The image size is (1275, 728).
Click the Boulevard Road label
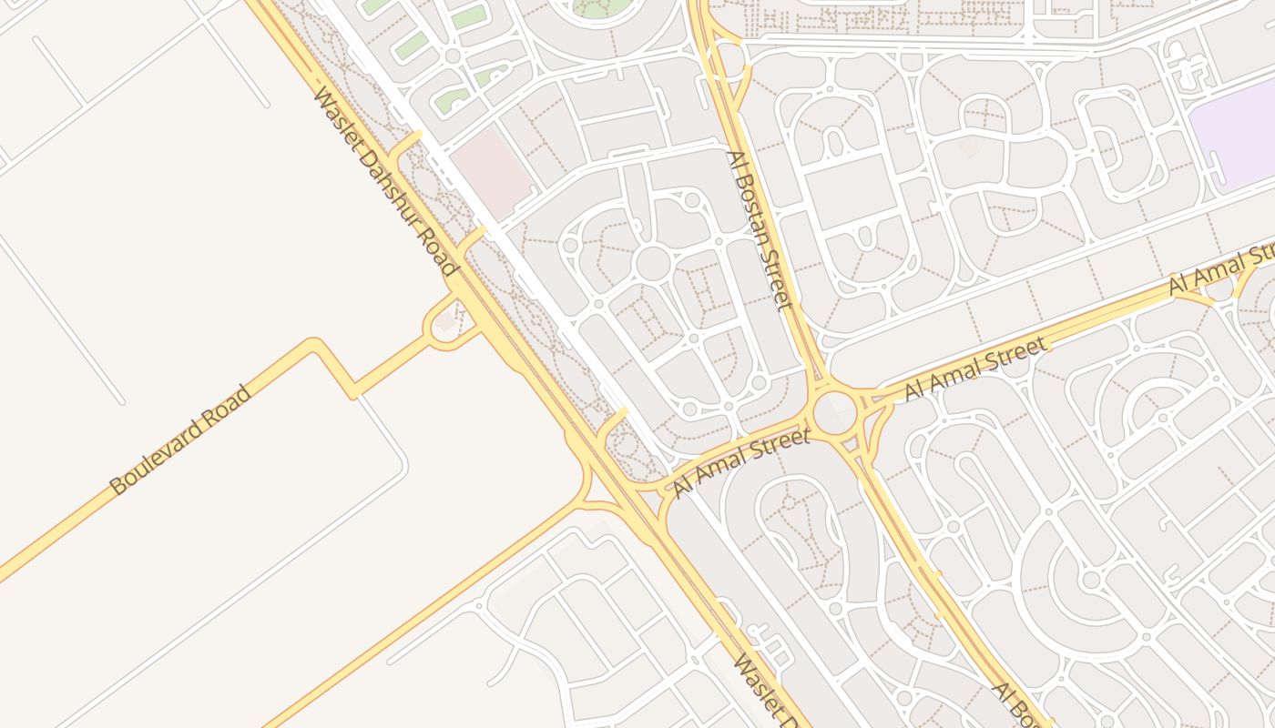pyautogui.click(x=179, y=440)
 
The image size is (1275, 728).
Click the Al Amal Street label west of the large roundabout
pyautogui.click(x=740, y=464)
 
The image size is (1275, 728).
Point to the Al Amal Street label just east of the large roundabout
pyautogui.click(x=974, y=369)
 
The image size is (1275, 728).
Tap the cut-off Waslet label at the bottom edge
pyautogui.click(x=765, y=692)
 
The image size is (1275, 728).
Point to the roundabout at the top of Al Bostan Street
pyautogui.click(x=726, y=58)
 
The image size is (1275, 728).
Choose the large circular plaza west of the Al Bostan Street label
pyautogui.click(x=652, y=263)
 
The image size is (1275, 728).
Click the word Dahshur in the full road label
pyautogui.click(x=388, y=187)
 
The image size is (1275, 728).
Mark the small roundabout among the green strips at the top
pyautogui.click(x=452, y=56)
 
